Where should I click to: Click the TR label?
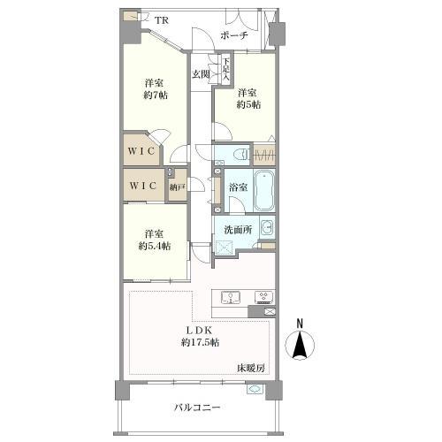point(163,20)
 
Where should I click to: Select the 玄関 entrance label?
point(201,74)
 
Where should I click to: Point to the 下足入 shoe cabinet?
point(225,70)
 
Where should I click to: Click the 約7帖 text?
point(156,96)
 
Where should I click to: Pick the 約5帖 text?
point(248,105)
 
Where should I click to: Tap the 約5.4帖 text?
point(156,246)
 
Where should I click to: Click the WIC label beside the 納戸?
point(142,187)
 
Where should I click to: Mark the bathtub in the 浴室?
point(264,187)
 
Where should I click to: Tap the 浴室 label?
point(237,187)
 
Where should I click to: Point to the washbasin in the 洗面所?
point(267,228)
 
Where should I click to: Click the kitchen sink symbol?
point(228,297)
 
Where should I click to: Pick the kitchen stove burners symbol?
point(263,297)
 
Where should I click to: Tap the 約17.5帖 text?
point(200,342)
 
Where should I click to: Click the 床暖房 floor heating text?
point(251,367)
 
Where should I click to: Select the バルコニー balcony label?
point(196,408)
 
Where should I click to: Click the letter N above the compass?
point(301,323)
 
